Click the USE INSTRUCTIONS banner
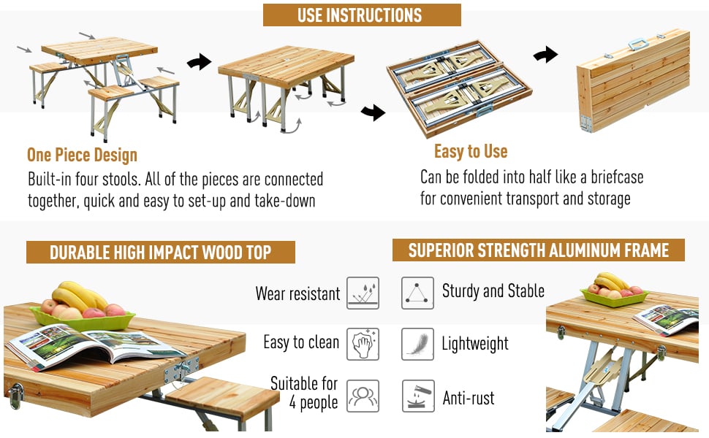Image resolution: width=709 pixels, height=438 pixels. tap(362, 15)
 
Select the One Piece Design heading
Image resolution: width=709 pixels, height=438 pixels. tap(82, 155)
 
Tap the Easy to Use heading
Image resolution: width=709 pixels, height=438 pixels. tap(471, 152)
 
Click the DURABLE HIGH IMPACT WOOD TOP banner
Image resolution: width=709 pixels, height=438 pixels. tap(161, 252)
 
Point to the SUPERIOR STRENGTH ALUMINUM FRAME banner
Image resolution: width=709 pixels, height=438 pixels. tap(539, 250)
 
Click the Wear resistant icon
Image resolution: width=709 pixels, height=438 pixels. tap(363, 293)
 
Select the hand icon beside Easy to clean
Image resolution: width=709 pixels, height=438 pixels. tap(363, 344)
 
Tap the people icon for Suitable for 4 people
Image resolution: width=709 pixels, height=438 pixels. tap(363, 396)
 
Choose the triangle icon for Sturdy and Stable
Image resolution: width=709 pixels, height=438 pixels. tap(417, 293)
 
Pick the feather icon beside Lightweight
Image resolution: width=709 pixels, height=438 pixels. tap(417, 344)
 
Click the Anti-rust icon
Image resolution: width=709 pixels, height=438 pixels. tap(418, 396)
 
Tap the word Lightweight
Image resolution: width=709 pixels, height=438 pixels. tap(475, 344)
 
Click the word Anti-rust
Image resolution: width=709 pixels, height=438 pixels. tap(469, 398)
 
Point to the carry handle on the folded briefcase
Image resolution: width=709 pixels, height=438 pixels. tap(638, 44)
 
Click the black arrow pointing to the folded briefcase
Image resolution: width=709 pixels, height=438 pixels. tap(545, 55)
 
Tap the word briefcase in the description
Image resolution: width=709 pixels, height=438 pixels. tap(617, 177)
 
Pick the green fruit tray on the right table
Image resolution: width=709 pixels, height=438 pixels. tap(614, 298)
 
